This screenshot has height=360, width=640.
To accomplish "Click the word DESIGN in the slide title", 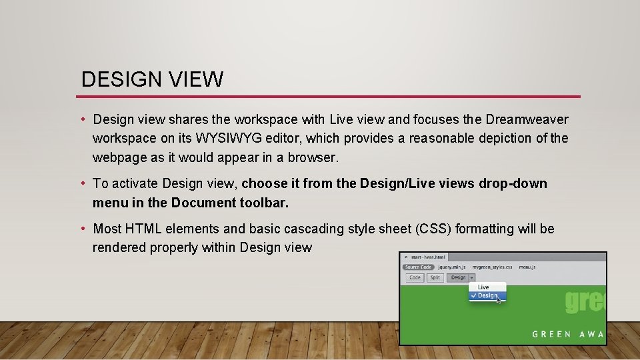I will pyautogui.click(x=117, y=80).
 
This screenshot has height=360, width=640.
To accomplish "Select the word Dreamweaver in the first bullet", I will pyautogui.click(x=527, y=119).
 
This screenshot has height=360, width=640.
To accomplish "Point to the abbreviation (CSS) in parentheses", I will pyautogui.click(x=434, y=229).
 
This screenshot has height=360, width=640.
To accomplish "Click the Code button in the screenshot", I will pyautogui.click(x=415, y=277).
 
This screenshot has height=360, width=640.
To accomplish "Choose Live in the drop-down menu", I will pyautogui.click(x=483, y=287).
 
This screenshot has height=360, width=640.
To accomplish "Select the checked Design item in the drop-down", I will pyautogui.click(x=487, y=295).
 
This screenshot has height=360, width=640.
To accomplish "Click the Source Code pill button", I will pyautogui.click(x=419, y=267).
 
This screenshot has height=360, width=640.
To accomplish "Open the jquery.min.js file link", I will pyautogui.click(x=453, y=267).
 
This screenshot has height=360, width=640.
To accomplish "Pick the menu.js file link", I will pyautogui.click(x=527, y=267).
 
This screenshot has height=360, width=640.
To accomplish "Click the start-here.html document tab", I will pyautogui.click(x=428, y=257).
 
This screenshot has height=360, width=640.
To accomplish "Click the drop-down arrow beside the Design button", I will pyautogui.click(x=471, y=277).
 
